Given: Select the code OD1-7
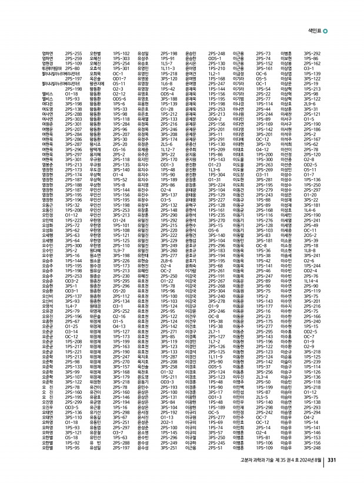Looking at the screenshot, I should [x=119, y=78].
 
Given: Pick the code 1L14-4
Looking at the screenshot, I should [x=311, y=281].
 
